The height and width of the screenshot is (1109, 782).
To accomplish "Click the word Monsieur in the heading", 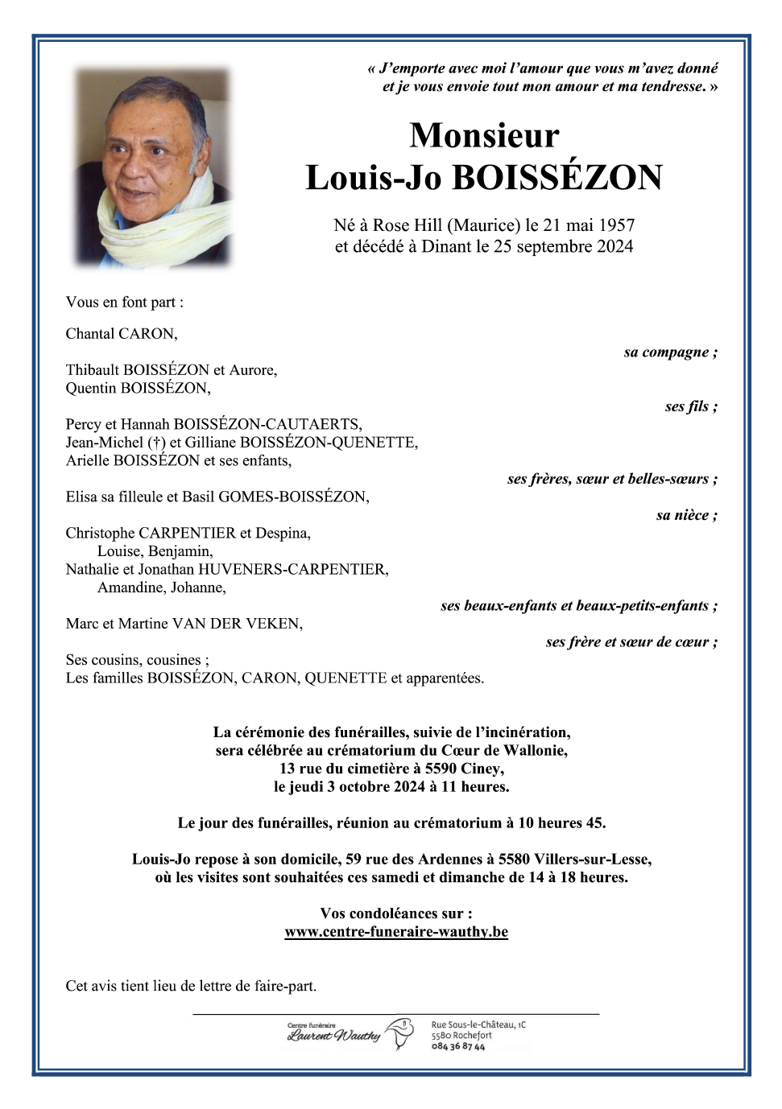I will (x=484, y=135).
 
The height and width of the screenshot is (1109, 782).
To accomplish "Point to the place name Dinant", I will (x=447, y=246).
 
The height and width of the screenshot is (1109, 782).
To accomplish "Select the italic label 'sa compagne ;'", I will (x=670, y=352).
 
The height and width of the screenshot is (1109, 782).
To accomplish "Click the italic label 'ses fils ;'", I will (x=691, y=406).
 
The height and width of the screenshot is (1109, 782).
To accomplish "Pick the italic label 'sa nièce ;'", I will (x=686, y=515).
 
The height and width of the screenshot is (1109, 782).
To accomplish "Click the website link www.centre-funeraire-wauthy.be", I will (x=396, y=932).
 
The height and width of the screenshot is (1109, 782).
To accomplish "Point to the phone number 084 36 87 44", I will (x=458, y=1047).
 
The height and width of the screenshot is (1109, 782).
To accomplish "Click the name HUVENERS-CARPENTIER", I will (x=293, y=570).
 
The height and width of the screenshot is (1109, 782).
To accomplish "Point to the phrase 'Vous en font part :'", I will (x=125, y=303).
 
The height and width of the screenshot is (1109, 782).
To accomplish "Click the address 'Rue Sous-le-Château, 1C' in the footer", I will (x=478, y=1024).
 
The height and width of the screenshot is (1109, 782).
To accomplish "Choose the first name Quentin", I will (x=91, y=389).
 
